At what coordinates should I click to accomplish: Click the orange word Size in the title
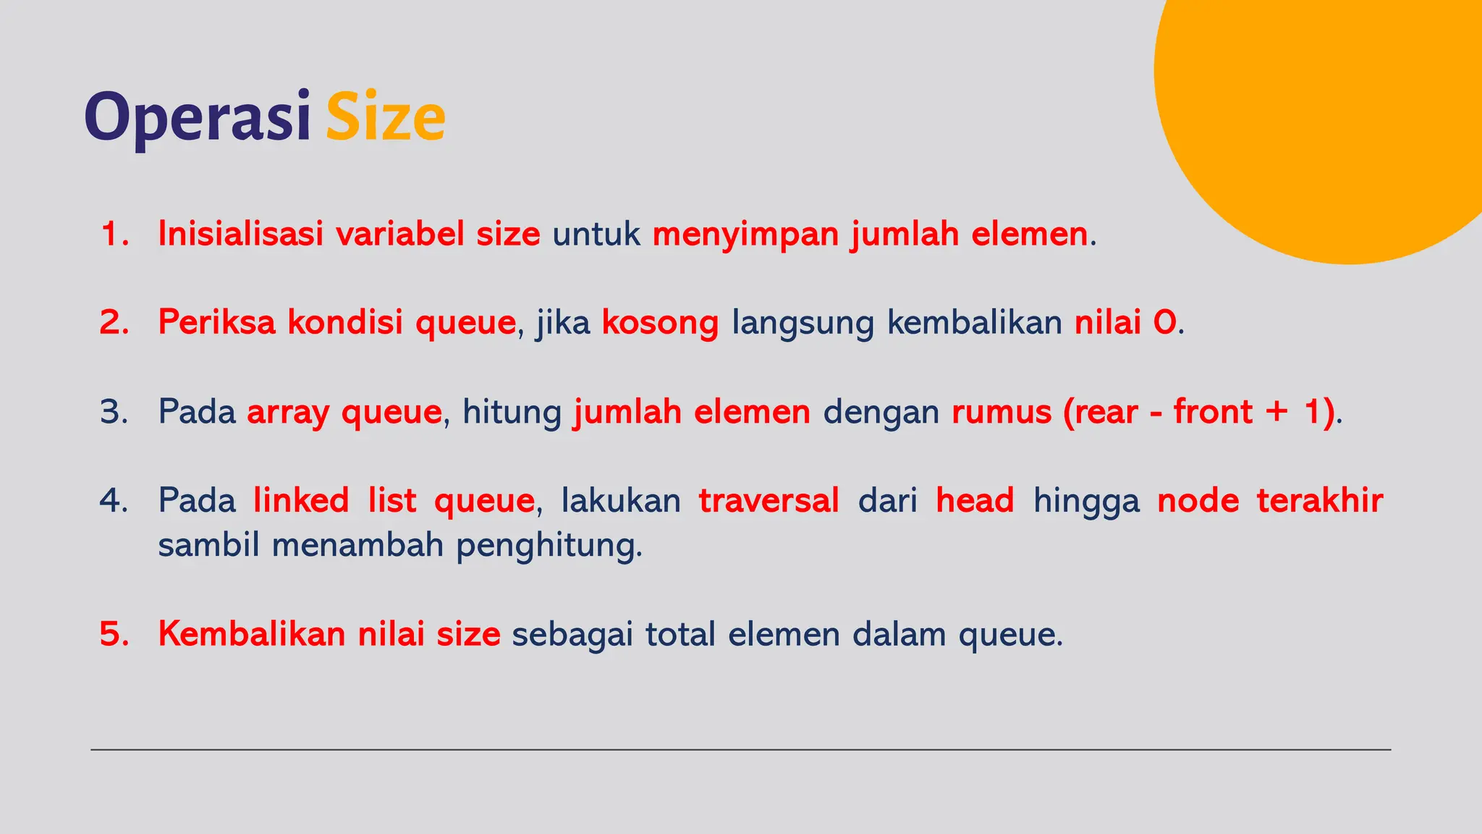[x=385, y=117]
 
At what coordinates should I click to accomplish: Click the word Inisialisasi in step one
[x=240, y=234]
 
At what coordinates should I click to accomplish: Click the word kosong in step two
[x=660, y=324]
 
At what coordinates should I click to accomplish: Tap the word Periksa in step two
[x=216, y=322]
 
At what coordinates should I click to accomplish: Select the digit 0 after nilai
[x=1165, y=323]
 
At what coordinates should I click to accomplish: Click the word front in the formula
[x=1213, y=411]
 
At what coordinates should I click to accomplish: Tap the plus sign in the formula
[x=1276, y=412]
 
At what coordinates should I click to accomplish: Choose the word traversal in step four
[x=768, y=500]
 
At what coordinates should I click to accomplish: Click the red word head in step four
[x=974, y=500]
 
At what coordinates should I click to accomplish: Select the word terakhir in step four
[x=1319, y=500]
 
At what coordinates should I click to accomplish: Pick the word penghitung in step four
[x=548, y=546]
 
